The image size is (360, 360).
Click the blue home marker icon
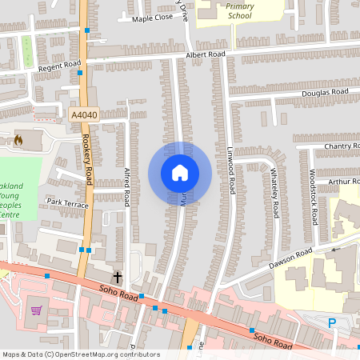(179, 173)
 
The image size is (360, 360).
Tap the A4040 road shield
(85, 115)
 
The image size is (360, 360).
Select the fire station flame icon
(18, 140)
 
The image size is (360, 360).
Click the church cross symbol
(118, 277)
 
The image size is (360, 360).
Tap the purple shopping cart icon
(36, 310)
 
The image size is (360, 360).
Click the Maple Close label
(152, 18)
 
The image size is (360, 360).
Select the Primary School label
(239, 10)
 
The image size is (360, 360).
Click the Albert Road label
(206, 55)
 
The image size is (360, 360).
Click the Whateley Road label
(274, 192)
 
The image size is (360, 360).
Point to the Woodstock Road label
(314, 197)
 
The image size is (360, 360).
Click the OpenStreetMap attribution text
(80, 354)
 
